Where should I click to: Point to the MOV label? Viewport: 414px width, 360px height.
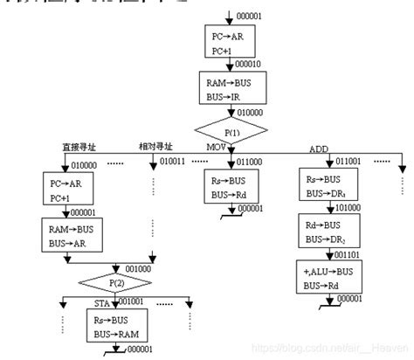click(216, 147)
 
